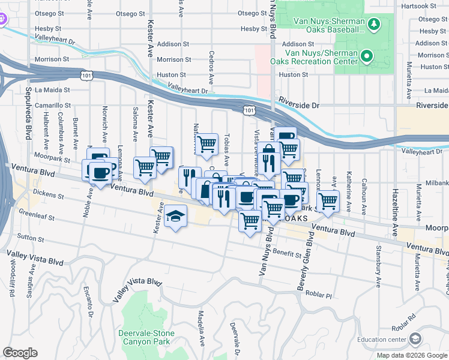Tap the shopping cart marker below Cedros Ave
coord(206,143)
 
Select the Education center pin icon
coord(415,340)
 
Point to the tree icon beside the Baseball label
coord(374,23)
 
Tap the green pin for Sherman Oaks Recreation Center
coord(366,57)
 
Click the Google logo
coord(20,353)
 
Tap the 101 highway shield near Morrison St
coord(86,74)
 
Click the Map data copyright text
coord(411,355)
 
